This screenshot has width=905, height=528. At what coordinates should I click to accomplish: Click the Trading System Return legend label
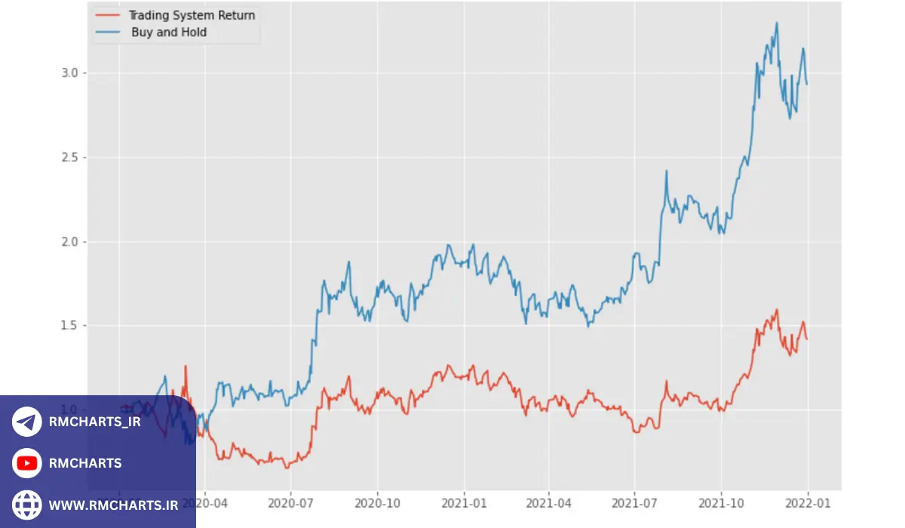pyautogui.click(x=192, y=15)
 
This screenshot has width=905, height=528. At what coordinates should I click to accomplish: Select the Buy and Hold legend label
pyautogui.click(x=169, y=32)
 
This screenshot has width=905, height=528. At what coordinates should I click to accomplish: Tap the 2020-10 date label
pyautogui.click(x=378, y=501)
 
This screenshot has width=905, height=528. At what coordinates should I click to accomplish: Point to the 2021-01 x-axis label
pyautogui.click(x=464, y=501)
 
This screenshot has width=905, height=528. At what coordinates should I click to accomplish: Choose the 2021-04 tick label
pyautogui.click(x=549, y=501)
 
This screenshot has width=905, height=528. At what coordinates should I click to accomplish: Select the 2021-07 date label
pyautogui.click(x=635, y=501)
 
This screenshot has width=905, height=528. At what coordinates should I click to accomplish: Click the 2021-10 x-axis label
pyautogui.click(x=722, y=501)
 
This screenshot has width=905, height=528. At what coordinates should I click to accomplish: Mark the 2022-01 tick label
pyautogui.click(x=808, y=501)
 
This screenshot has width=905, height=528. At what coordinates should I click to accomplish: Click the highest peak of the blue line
pyautogui.click(x=777, y=23)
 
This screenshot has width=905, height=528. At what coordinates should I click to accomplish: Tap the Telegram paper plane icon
pyautogui.click(x=27, y=422)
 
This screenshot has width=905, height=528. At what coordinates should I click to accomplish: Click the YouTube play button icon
pyautogui.click(x=27, y=463)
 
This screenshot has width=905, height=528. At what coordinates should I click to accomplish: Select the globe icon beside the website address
pyautogui.click(x=27, y=505)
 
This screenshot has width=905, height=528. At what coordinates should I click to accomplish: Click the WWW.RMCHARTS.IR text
pyautogui.click(x=113, y=505)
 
